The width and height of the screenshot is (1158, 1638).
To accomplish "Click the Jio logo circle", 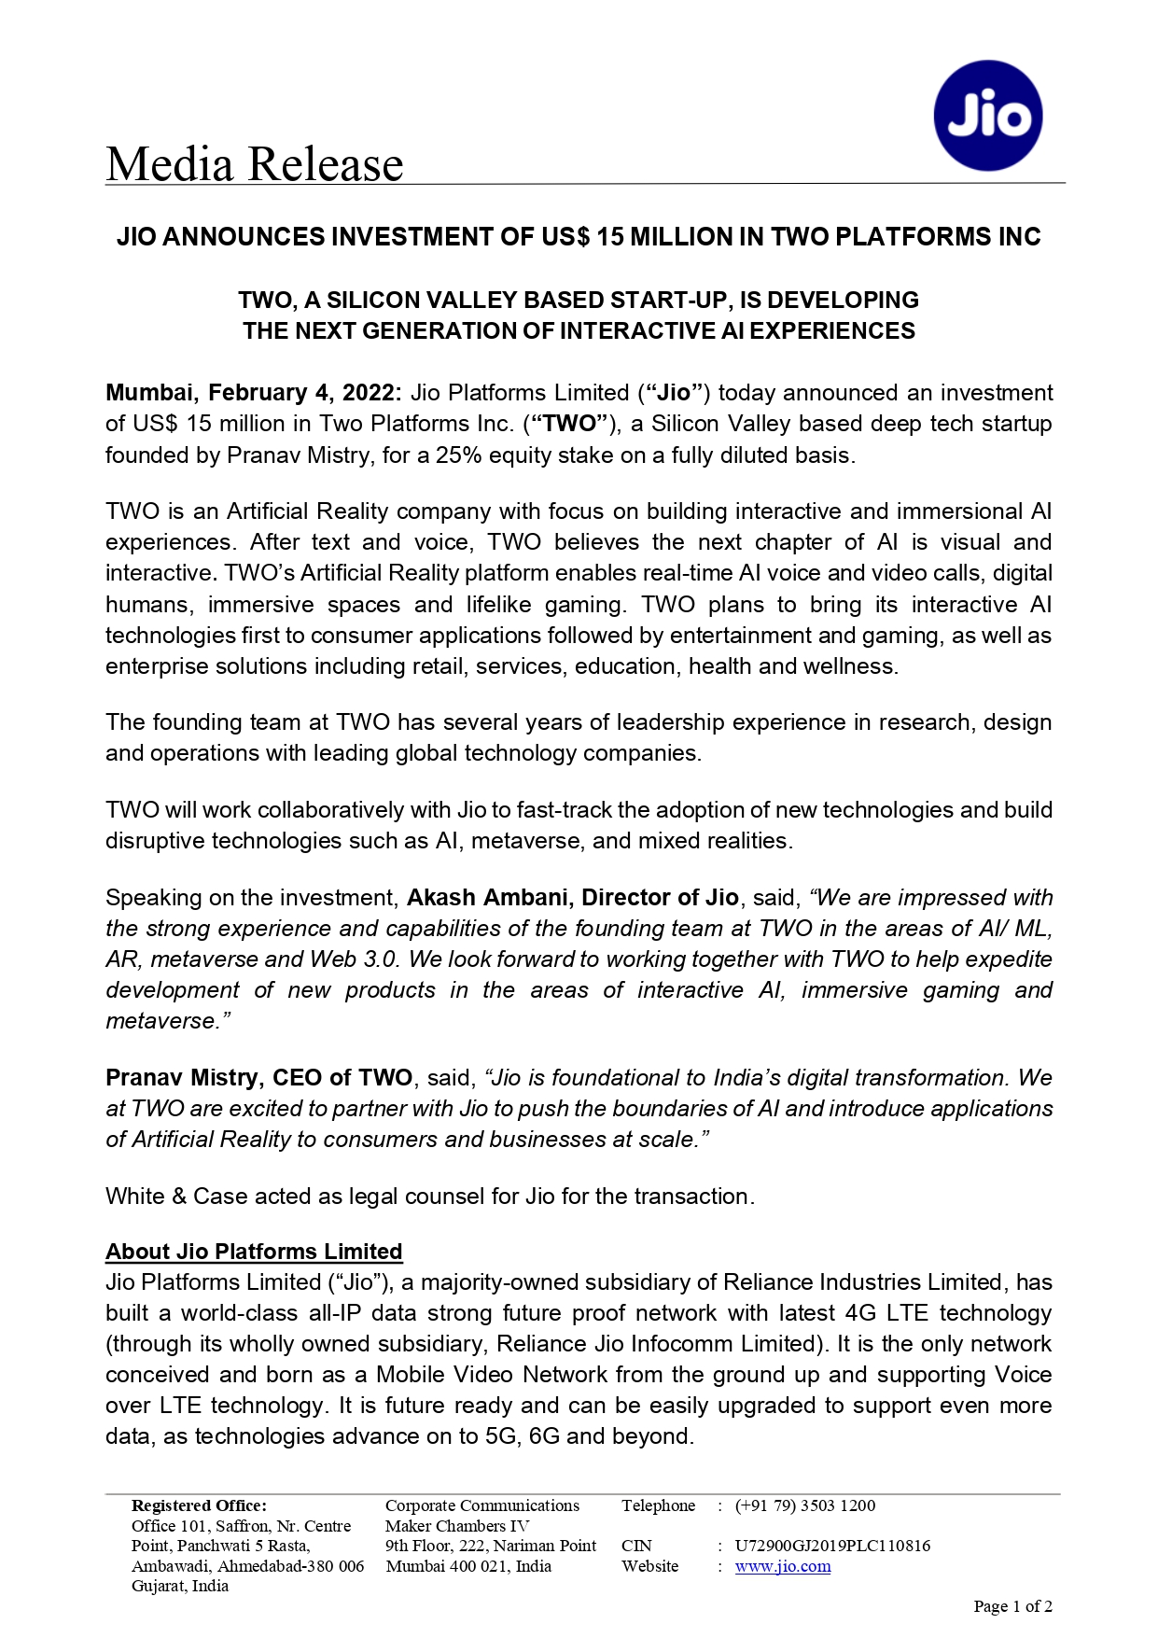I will tap(987, 116).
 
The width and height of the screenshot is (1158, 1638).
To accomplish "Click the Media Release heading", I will tap(254, 164).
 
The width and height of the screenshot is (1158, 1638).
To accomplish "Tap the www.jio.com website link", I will tap(782, 1566).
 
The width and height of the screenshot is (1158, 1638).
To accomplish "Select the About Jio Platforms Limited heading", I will tap(254, 1252).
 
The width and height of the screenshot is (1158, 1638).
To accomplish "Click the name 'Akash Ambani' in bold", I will tap(488, 898).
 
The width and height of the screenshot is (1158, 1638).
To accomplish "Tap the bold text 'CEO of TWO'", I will tap(342, 1078).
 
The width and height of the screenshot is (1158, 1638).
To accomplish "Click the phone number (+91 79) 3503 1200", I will tap(804, 1505).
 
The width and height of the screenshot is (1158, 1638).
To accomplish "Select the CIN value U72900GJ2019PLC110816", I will tap(831, 1546).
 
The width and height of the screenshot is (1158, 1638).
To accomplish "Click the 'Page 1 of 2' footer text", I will tap(1012, 1606).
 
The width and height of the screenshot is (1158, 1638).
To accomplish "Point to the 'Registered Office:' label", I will tap(199, 1505).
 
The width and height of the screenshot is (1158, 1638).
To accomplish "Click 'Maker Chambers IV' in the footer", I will tap(456, 1526).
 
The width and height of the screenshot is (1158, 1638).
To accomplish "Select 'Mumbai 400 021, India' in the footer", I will tap(468, 1566).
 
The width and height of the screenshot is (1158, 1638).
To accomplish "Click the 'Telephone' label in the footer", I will tap(658, 1505).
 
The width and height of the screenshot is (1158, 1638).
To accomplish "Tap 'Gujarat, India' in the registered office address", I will tap(180, 1586).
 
